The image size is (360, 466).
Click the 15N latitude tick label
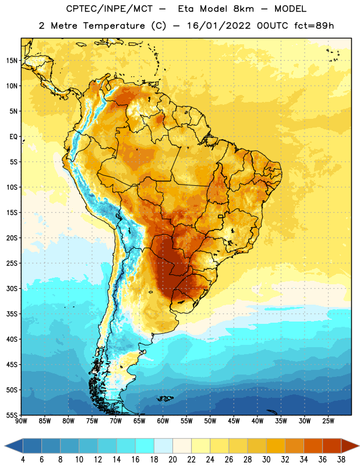click(12, 61)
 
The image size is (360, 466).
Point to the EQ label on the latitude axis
click(13, 137)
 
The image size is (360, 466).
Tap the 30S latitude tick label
click(12, 288)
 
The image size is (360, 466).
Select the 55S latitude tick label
click(12, 415)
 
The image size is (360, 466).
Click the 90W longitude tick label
click(21, 421)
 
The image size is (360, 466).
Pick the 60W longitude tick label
click(163, 421)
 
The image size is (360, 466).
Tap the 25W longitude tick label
click(328, 421)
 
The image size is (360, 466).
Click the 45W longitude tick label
click(234, 421)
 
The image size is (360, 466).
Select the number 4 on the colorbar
click(23, 460)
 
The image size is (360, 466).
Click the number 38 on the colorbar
click(341, 460)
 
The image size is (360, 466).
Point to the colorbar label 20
click(172, 460)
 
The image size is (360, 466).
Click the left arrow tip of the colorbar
click(5, 446)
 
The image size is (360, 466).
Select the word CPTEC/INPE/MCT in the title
click(110, 9)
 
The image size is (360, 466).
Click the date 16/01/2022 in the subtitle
click(219, 26)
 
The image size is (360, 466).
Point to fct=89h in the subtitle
click(314, 26)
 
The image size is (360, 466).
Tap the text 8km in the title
click(243, 9)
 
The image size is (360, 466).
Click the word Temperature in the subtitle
click(114, 26)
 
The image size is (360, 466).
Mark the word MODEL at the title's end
click(290, 9)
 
